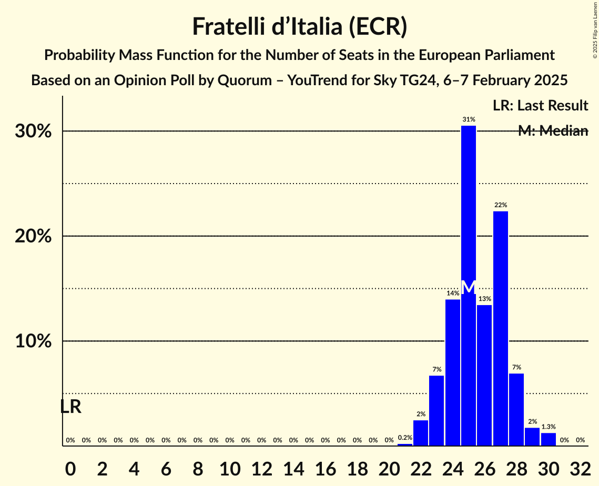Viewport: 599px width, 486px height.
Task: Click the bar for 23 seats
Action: (x=436, y=410)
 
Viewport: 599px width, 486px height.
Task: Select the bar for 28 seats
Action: (x=516, y=409)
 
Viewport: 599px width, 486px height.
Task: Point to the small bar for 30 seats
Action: (x=549, y=439)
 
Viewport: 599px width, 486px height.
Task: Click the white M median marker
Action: (x=469, y=287)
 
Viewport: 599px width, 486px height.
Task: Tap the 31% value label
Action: (x=469, y=119)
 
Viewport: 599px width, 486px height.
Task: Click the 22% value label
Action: (x=501, y=205)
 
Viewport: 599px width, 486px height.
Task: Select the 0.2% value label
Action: (x=405, y=438)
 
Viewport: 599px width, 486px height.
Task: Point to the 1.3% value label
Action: (x=549, y=427)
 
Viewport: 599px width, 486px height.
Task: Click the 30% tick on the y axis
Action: (x=33, y=131)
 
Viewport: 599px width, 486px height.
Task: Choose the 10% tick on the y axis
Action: (x=33, y=341)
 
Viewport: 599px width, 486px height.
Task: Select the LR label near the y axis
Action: (x=70, y=407)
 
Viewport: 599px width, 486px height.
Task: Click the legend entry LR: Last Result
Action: (x=540, y=105)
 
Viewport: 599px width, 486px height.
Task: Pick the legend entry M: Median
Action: (x=553, y=131)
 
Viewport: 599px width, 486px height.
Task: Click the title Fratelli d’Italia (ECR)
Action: (x=299, y=26)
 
